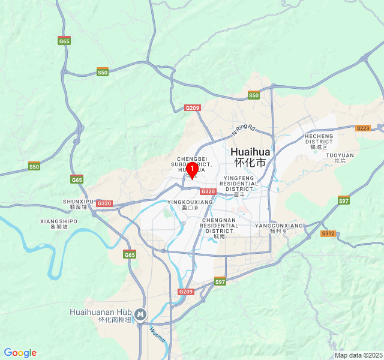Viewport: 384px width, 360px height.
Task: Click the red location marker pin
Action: (191, 170)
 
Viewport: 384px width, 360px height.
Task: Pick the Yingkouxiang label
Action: (190, 205)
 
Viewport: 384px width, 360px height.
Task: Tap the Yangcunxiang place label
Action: (279, 227)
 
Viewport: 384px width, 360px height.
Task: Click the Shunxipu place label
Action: (79, 204)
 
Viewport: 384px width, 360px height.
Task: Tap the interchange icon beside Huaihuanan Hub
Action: (140, 314)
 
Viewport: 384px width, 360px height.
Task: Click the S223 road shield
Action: (363, 128)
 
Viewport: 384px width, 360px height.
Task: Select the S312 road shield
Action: (328, 233)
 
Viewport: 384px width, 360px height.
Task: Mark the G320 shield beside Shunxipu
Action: (104, 203)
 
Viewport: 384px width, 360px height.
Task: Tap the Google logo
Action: (20, 353)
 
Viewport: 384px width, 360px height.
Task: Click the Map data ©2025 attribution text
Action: (358, 355)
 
